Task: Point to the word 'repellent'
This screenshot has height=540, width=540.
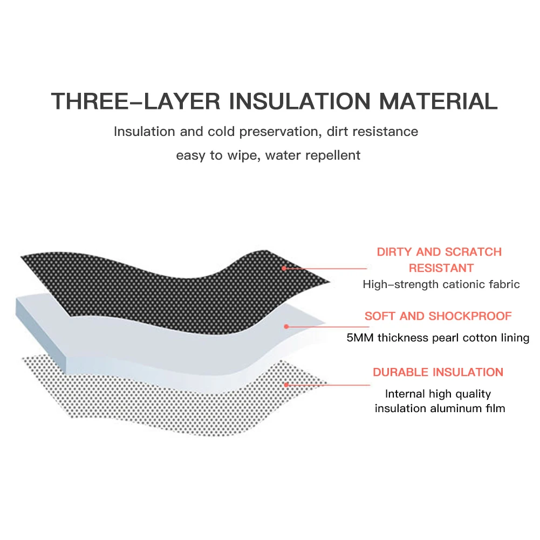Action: coord(332,156)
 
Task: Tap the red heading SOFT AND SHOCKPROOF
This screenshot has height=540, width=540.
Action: coord(438,316)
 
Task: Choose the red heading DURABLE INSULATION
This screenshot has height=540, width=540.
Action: coord(438,372)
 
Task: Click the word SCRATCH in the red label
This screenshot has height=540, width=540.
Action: coord(473,252)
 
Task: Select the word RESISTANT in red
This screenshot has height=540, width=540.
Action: coord(441,268)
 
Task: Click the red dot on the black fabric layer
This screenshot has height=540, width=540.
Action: coord(284,268)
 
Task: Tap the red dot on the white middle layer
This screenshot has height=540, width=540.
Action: coord(286,326)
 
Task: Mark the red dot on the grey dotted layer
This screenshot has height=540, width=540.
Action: coord(286,385)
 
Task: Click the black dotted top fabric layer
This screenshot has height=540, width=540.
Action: coord(162,275)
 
